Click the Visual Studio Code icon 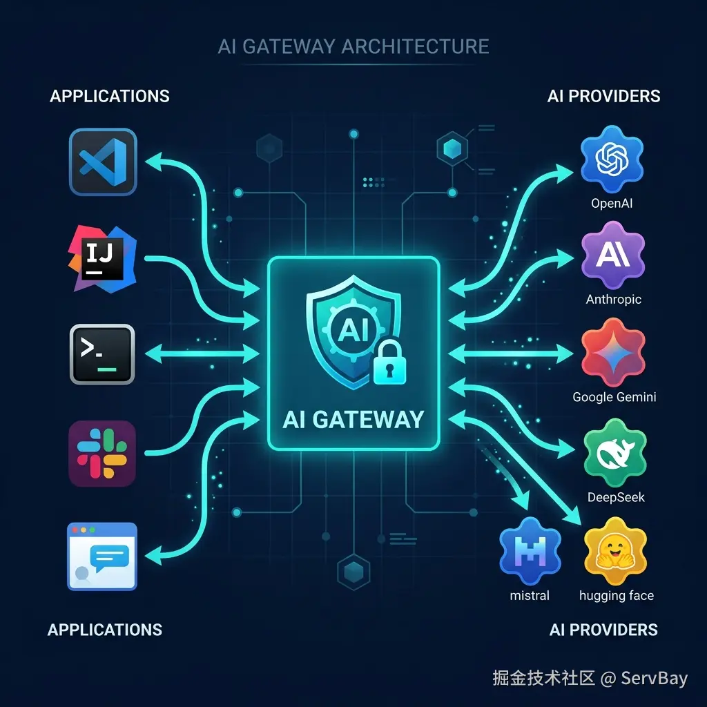[x=103, y=162]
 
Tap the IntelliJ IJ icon [x=102, y=258]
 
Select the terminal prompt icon [x=102, y=354]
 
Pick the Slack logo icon [x=102, y=454]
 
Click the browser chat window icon [x=102, y=556]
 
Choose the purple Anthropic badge [x=613, y=255]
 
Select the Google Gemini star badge [x=613, y=352]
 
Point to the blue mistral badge [x=530, y=551]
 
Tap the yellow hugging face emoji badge [x=615, y=551]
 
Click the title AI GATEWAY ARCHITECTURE [x=353, y=46]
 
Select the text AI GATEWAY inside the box [x=353, y=419]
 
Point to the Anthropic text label [x=613, y=299]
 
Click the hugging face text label [x=617, y=596]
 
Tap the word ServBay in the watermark [x=655, y=678]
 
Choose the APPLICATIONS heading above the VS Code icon [x=110, y=96]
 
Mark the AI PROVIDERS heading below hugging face [x=603, y=630]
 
